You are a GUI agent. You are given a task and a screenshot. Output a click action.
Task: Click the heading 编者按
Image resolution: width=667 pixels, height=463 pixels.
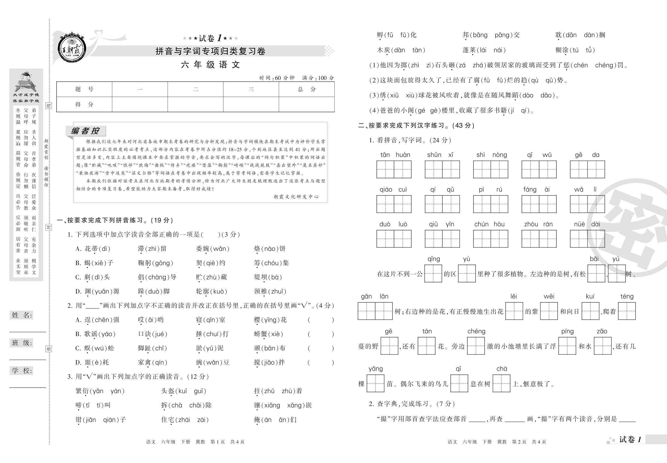click(85, 131)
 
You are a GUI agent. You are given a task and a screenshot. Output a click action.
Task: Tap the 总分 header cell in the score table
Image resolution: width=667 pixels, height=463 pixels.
click(307, 89)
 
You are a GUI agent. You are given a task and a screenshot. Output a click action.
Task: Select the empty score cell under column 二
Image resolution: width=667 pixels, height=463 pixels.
click(195, 105)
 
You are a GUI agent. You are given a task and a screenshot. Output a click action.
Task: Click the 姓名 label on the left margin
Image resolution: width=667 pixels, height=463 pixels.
click(22, 315)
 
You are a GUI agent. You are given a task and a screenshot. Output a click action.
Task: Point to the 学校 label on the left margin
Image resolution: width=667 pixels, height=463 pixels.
click(22, 371)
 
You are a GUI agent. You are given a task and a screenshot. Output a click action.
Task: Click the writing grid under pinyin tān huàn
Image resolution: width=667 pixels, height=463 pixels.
click(394, 169)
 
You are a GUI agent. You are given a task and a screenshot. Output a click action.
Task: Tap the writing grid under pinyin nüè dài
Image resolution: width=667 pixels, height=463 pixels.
click(587, 239)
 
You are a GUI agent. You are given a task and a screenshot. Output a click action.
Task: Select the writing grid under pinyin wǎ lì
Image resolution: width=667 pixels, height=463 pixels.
click(587, 204)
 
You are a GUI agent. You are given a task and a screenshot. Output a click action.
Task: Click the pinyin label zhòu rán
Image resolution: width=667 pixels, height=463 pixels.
click(539, 224)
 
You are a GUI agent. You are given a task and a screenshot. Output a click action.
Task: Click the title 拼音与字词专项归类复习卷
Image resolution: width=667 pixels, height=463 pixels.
click(211, 51)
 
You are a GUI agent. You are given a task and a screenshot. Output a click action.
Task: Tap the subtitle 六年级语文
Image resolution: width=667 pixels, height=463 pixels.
click(211, 65)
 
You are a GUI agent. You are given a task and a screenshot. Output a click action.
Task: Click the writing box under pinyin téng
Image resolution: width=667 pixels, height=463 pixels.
click(627, 311)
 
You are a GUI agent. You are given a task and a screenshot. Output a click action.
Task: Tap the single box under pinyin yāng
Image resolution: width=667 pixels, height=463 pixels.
click(376, 383)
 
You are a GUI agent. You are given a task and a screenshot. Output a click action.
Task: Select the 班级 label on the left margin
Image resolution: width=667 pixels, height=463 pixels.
click(22, 343)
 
